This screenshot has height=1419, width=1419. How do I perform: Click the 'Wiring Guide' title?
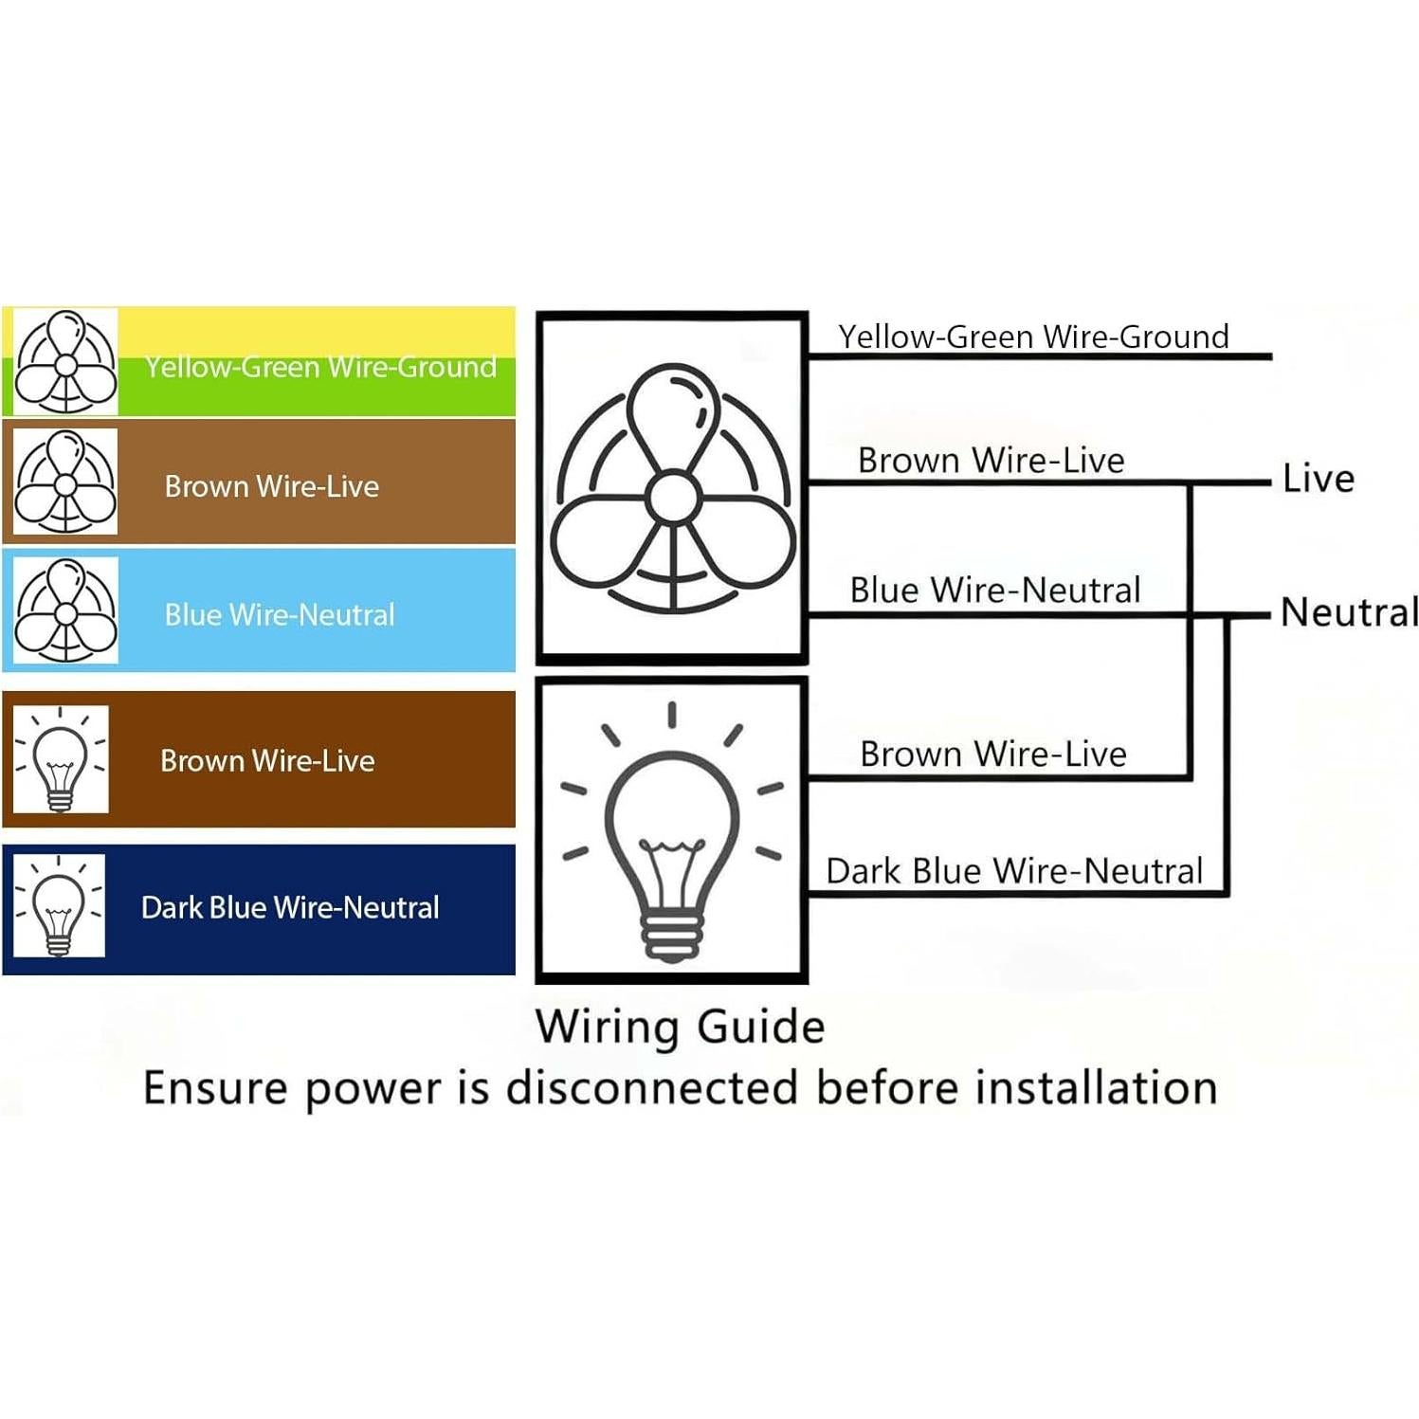point(680,1027)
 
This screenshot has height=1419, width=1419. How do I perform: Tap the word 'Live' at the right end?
point(1318,479)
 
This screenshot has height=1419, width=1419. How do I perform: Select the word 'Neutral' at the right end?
point(1349,612)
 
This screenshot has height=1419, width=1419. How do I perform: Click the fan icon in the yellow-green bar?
point(65,363)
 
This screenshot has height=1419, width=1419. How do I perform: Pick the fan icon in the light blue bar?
point(65,611)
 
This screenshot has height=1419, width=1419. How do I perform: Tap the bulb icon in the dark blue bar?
point(58,906)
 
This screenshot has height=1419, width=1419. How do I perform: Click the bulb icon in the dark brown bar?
point(61,759)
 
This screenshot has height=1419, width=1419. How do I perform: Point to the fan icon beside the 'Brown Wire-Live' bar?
point(65,482)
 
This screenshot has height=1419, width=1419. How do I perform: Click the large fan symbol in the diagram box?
point(672,489)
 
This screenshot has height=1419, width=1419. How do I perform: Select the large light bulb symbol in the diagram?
point(672,834)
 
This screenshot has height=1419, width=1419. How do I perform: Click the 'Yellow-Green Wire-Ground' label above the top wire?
point(1033,337)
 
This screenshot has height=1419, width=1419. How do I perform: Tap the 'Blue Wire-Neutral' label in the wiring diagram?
point(994,591)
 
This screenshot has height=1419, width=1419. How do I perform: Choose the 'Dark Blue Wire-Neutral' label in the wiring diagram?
point(1013,871)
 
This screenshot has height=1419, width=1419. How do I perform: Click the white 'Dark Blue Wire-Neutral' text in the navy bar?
point(290,908)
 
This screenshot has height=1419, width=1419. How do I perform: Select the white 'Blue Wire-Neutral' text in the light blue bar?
point(280,615)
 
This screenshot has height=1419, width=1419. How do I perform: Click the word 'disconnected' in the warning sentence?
point(652,1088)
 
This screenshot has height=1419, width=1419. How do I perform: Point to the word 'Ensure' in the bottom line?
point(214,1088)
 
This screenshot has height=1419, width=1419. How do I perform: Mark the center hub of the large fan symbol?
point(673,495)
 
